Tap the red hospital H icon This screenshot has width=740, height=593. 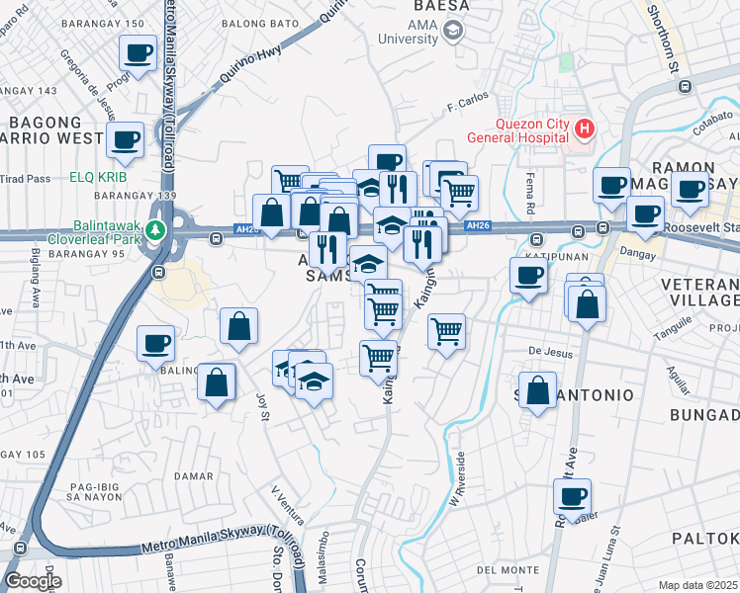[585, 127]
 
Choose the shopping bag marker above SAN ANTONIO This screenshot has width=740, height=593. [537, 390]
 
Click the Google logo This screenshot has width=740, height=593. [32, 581]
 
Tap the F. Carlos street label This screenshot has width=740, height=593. [468, 103]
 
